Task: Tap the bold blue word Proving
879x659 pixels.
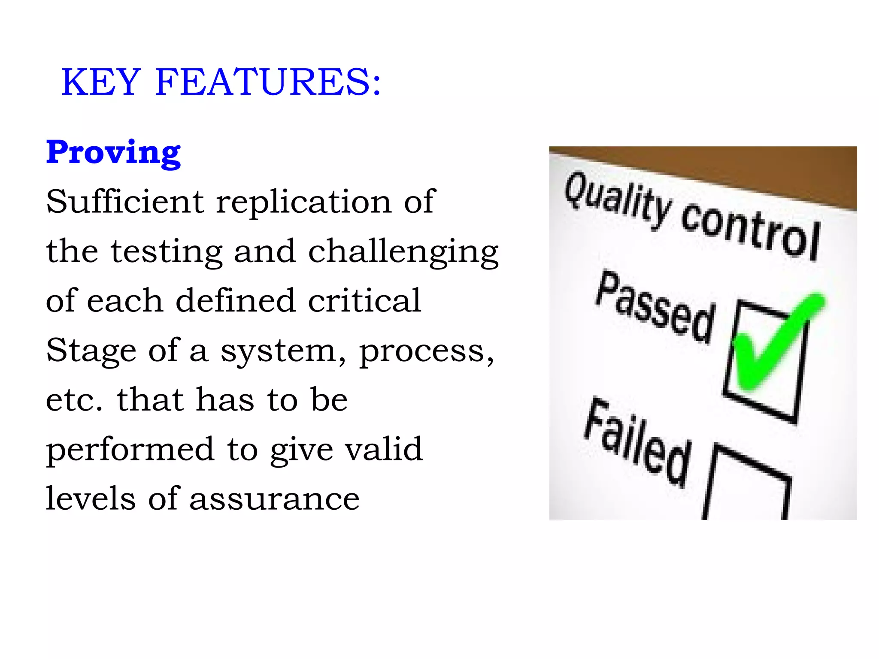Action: (x=113, y=153)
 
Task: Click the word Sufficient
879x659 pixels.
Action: (x=125, y=201)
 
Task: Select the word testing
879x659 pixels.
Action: (x=167, y=252)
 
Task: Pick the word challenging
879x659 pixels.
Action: (x=403, y=252)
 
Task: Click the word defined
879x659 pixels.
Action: (x=236, y=300)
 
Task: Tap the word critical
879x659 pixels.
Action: (x=364, y=300)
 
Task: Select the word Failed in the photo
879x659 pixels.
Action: (x=638, y=442)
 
